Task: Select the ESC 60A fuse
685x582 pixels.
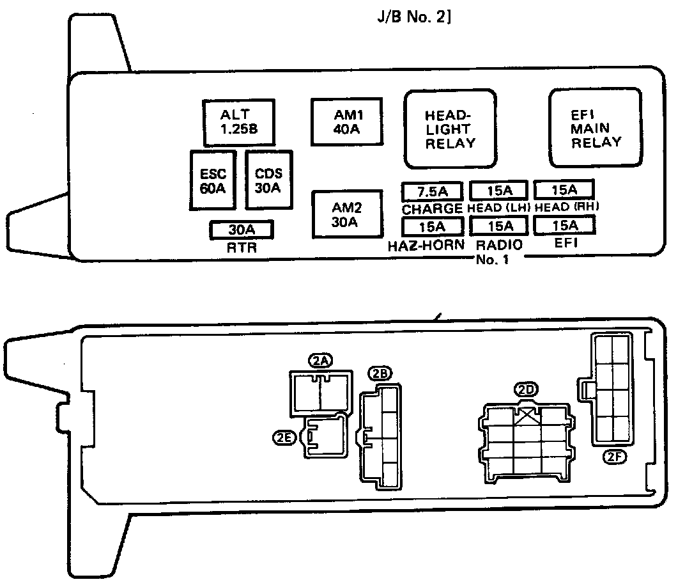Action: coord(213,181)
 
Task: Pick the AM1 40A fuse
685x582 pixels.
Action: coord(347,122)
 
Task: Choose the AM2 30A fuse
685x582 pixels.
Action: coord(347,214)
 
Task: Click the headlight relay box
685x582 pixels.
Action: coord(450,129)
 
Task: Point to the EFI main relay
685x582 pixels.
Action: coord(596,128)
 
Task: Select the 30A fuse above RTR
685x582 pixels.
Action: coord(242,229)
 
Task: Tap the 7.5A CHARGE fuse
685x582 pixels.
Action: coord(432,191)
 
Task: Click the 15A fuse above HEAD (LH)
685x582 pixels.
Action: coord(499,190)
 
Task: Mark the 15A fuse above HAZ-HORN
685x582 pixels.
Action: coord(432,226)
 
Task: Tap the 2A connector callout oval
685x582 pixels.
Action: coord(320,361)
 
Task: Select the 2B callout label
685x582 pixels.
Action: coord(380,374)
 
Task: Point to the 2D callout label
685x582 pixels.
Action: coord(527,389)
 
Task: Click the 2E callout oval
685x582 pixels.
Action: coord(284,437)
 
